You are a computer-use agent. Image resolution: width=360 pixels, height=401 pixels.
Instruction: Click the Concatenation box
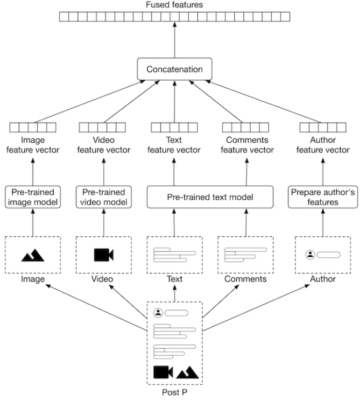[x=175, y=69]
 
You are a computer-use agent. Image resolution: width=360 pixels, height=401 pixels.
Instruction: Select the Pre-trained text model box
[x=210, y=197]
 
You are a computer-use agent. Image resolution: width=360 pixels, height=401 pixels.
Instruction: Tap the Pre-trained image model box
[x=33, y=197]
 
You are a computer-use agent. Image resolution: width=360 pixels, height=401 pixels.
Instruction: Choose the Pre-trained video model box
[x=104, y=197]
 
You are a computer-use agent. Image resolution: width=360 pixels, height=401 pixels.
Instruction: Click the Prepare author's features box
[x=323, y=197]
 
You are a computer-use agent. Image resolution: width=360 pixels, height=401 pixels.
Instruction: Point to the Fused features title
[x=174, y=5]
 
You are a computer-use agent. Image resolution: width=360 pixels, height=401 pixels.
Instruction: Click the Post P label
[x=175, y=392]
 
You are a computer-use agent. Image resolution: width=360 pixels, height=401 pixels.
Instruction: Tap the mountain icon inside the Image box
[x=33, y=255]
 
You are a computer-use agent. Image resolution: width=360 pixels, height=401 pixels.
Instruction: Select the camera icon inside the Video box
[x=103, y=255]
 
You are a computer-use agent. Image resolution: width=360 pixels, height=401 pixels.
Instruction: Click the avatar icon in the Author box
[x=310, y=255]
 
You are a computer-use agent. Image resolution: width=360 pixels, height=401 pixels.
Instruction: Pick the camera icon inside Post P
[x=163, y=372]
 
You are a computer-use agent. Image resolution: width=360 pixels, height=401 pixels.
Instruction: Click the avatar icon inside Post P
[x=158, y=313]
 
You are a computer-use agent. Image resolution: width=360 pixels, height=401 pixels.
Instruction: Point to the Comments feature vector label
[x=247, y=145]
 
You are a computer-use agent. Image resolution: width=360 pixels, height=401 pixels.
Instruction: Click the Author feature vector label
[x=323, y=145]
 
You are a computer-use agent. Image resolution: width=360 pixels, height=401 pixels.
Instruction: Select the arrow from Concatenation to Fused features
[x=175, y=40]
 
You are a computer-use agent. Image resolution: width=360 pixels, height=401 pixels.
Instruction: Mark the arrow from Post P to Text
[x=175, y=293]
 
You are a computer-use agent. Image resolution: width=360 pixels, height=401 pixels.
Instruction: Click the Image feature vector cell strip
[x=33, y=128]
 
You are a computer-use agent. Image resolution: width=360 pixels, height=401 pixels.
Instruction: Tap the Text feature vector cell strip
[x=174, y=128]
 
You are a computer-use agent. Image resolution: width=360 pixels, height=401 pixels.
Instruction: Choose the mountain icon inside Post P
[x=187, y=372]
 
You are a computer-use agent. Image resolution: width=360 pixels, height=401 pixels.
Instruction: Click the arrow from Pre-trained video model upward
[x=104, y=172]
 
